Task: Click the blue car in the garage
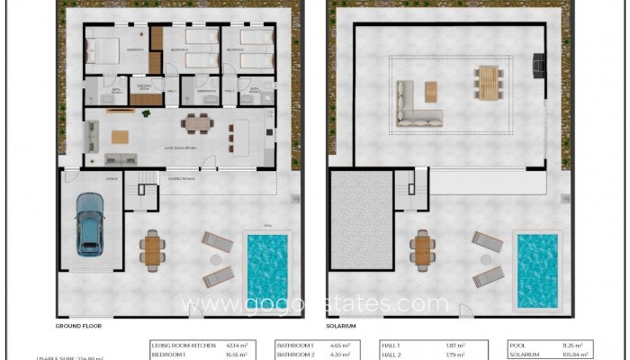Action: (89, 223)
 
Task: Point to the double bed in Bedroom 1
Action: (104, 49)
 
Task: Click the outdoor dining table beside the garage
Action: (153, 249)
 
